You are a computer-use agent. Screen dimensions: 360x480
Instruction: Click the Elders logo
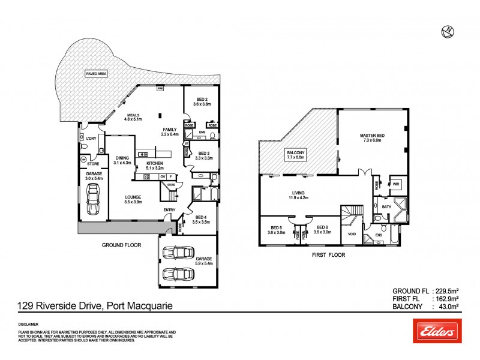(x=436, y=331)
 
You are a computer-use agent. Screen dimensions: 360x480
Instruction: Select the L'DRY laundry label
(x=91, y=139)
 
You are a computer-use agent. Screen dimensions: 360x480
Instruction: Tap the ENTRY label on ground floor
(x=170, y=209)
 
